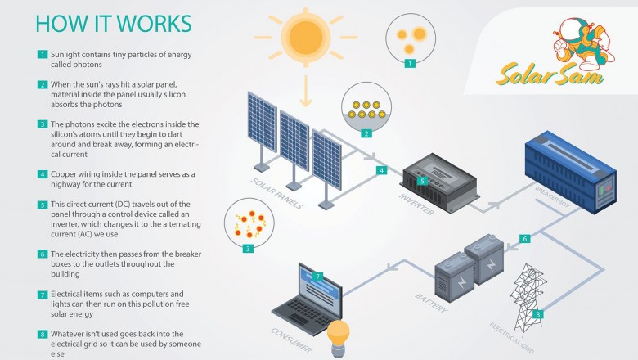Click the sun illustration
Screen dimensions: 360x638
[x=306, y=37]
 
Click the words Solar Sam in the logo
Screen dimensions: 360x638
[x=549, y=75]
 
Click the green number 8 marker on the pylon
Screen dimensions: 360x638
[x=537, y=313]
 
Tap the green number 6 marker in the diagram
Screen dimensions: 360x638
[x=525, y=239]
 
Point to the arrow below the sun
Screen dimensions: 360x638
[x=306, y=94]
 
